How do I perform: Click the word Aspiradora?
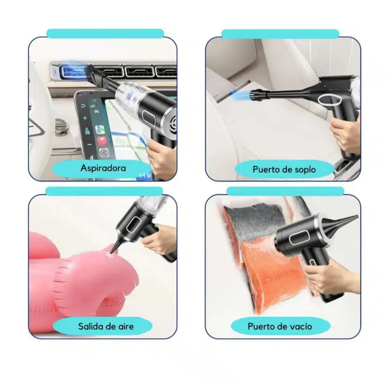(x=103, y=168)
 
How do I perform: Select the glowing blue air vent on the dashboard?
(x=72, y=70)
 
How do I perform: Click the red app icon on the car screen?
(x=102, y=141)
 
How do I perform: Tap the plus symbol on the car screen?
(x=85, y=118)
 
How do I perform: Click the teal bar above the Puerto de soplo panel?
(x=280, y=34)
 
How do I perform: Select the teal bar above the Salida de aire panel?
(x=104, y=191)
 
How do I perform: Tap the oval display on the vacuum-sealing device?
(x=298, y=239)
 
